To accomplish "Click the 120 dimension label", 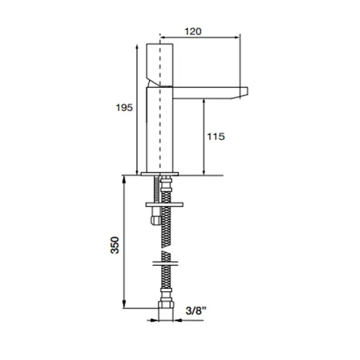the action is coord(193,31).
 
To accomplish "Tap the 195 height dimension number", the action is coord(124,107).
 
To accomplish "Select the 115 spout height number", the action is coord(216,137).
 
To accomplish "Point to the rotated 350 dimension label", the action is coord(115,245).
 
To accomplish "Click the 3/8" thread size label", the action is coord(196,311).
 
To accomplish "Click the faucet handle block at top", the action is coord(160,65).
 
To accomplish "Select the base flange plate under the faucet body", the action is coord(160,174).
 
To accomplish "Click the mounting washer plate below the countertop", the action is coord(165,204).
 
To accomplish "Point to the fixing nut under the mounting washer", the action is coord(155,220).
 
